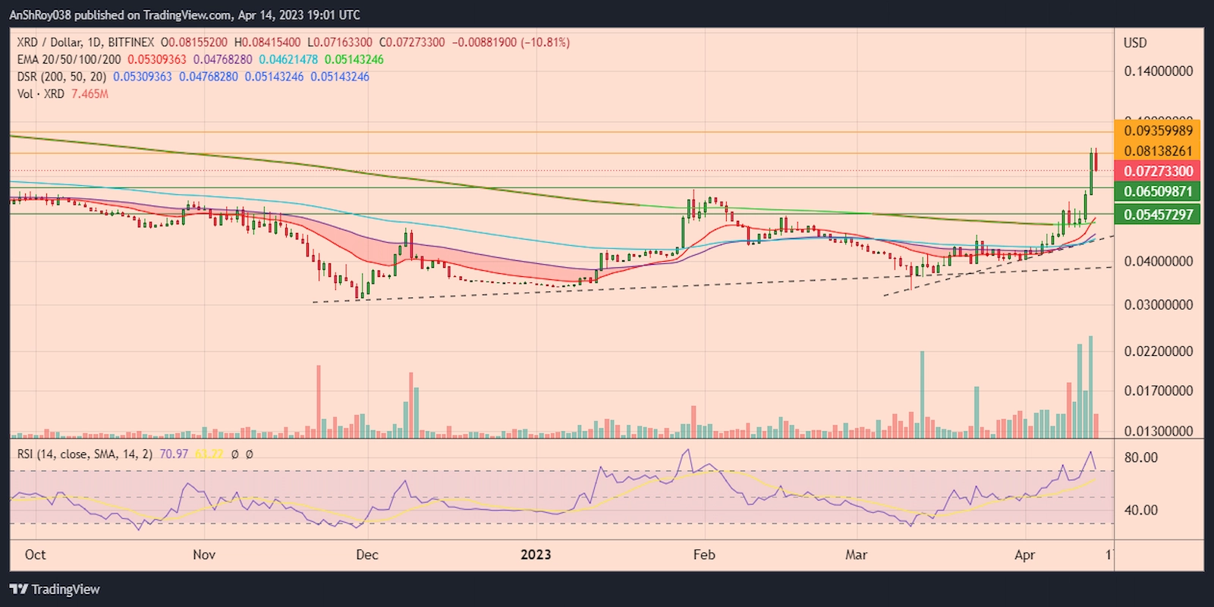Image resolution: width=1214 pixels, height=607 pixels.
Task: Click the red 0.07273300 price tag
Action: point(1158,171)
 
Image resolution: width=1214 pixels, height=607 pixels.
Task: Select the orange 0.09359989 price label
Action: point(1158,131)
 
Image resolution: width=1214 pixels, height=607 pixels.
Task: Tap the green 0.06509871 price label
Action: point(1158,191)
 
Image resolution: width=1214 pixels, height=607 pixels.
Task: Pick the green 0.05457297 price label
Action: point(1158,215)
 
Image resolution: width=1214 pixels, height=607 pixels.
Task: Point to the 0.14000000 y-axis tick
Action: point(1158,71)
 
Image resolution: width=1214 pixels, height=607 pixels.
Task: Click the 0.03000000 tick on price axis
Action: point(1158,305)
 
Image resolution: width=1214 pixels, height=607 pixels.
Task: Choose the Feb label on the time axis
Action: point(704,555)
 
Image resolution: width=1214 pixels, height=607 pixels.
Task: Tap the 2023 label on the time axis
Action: point(536,555)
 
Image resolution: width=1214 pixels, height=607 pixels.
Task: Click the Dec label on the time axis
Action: point(367,555)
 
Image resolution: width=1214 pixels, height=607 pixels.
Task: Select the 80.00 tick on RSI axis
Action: point(1141,458)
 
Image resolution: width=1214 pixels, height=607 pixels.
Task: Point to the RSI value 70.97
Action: point(174,454)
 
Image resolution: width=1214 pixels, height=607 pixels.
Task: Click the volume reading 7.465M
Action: point(90,94)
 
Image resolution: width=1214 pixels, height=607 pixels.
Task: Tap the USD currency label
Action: point(1135,43)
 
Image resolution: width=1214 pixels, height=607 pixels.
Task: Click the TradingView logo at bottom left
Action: point(55,590)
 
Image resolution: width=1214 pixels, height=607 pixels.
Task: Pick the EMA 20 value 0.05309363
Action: point(156,59)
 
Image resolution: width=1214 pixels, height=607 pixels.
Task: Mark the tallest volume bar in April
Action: point(1091,387)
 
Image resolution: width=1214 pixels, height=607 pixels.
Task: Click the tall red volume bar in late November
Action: point(319,402)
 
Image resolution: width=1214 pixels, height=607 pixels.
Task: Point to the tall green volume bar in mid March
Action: point(923,395)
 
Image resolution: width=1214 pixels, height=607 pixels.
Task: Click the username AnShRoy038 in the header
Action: point(40,14)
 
